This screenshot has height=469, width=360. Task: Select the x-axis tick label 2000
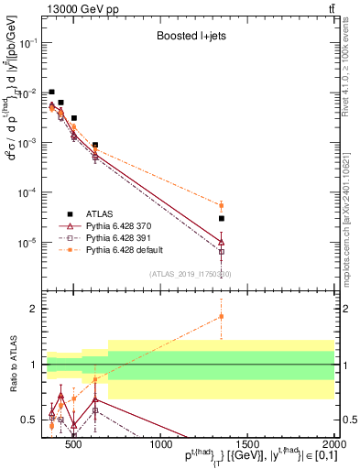[334, 446]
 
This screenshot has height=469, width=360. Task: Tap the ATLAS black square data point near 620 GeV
[95, 145]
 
